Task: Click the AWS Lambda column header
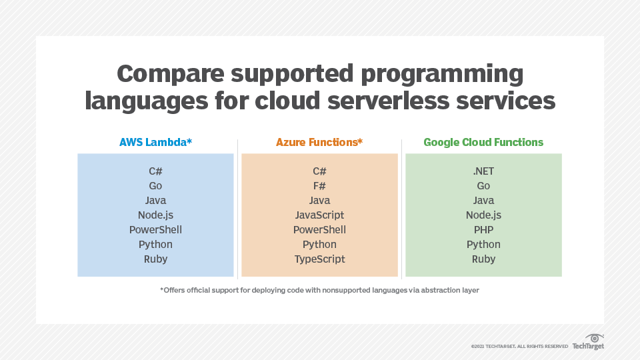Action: click(155, 142)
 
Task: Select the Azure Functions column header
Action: click(319, 142)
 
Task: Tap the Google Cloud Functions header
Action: click(483, 142)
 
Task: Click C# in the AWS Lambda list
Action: click(155, 171)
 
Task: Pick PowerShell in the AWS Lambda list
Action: click(155, 230)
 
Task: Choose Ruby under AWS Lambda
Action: click(155, 259)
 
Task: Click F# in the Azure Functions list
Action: click(319, 186)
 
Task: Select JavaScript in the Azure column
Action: click(319, 215)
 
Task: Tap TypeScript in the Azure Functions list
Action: click(319, 259)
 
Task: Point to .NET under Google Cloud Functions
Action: click(483, 171)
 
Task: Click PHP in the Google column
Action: click(483, 230)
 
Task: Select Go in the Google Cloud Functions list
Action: click(483, 186)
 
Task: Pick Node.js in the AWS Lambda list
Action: click(155, 215)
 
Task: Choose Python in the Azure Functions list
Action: click(319, 245)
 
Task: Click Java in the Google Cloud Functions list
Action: click(483, 201)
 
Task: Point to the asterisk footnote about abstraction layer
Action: click(319, 290)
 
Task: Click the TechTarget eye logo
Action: click(594, 338)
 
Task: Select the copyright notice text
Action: click(519, 347)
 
